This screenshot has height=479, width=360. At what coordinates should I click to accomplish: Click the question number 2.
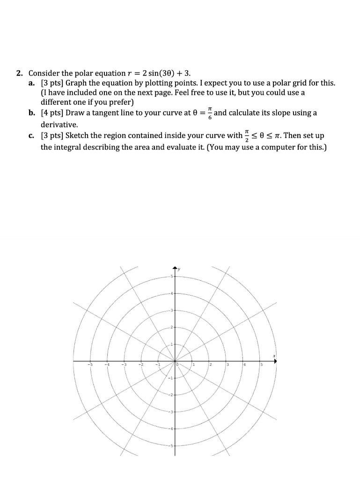click(19, 73)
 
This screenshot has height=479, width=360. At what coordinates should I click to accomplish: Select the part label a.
click(31, 83)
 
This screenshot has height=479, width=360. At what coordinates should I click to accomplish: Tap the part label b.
click(31, 113)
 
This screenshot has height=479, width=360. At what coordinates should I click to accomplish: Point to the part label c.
click(31, 136)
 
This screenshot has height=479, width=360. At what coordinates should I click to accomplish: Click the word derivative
click(59, 125)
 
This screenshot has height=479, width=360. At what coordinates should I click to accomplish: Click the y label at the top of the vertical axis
click(179, 269)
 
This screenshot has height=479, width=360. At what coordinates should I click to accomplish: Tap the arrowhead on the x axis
click(275, 361)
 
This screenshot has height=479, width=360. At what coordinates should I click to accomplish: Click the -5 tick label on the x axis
click(91, 365)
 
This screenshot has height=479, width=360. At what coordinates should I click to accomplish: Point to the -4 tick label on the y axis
click(171, 429)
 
